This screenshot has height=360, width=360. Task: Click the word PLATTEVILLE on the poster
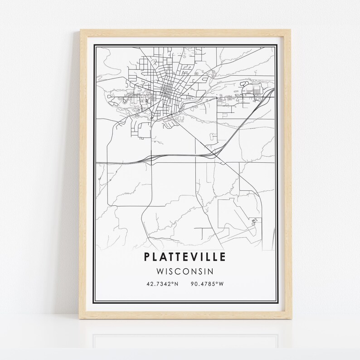coord(185,257)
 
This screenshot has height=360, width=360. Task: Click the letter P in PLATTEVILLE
coord(146,257)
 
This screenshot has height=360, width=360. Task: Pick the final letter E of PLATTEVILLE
coord(223,257)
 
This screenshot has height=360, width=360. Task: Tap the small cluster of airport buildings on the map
coord(254,222)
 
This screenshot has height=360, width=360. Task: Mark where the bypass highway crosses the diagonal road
coord(216,156)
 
